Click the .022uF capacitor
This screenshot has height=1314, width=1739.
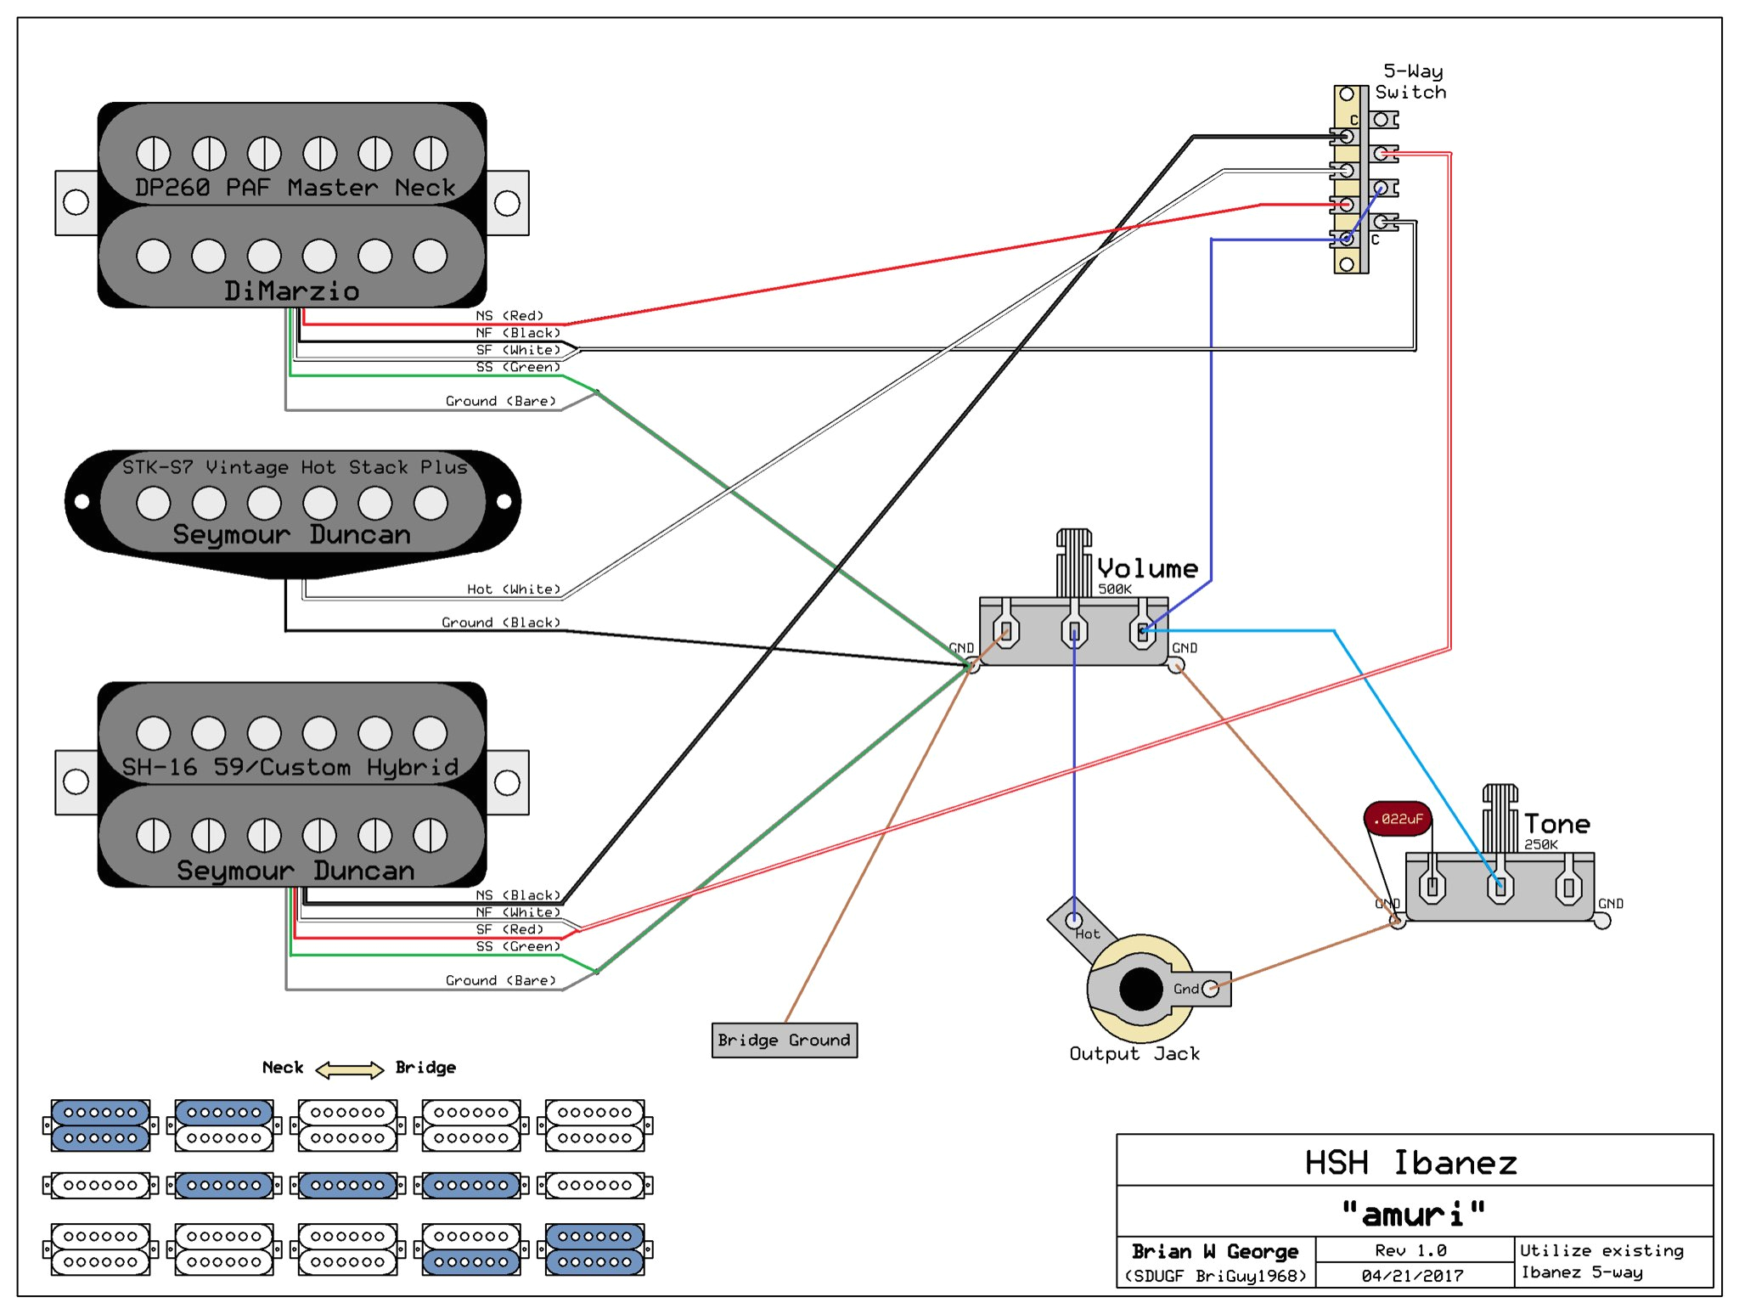click(x=1398, y=819)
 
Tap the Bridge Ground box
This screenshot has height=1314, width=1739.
click(x=784, y=1040)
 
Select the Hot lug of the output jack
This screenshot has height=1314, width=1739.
click(x=1074, y=921)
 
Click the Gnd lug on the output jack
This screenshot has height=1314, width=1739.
click(x=1209, y=988)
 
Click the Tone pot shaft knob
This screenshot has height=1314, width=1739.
click(x=1500, y=817)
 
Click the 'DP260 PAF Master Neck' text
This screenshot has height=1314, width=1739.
click(x=295, y=188)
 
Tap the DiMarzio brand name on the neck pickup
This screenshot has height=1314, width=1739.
click(x=291, y=291)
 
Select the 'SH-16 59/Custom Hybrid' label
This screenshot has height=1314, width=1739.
click(x=290, y=767)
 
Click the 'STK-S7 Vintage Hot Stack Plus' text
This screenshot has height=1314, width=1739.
click(x=295, y=467)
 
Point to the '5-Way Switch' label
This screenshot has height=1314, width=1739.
click(x=1410, y=82)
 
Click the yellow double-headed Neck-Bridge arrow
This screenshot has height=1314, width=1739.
click(x=349, y=1069)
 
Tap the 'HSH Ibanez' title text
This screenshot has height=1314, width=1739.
click(x=1410, y=1162)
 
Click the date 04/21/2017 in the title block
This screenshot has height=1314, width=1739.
click(x=1412, y=1275)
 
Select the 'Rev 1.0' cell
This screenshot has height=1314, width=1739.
click(x=1410, y=1250)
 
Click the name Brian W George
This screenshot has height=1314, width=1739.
click(x=1214, y=1251)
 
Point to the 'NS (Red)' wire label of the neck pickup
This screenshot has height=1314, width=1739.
click(x=509, y=315)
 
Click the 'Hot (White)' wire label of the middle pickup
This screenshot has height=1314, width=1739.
click(x=513, y=589)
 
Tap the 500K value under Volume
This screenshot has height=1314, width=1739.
click(x=1114, y=589)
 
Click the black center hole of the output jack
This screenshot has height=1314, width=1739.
click(x=1140, y=988)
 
